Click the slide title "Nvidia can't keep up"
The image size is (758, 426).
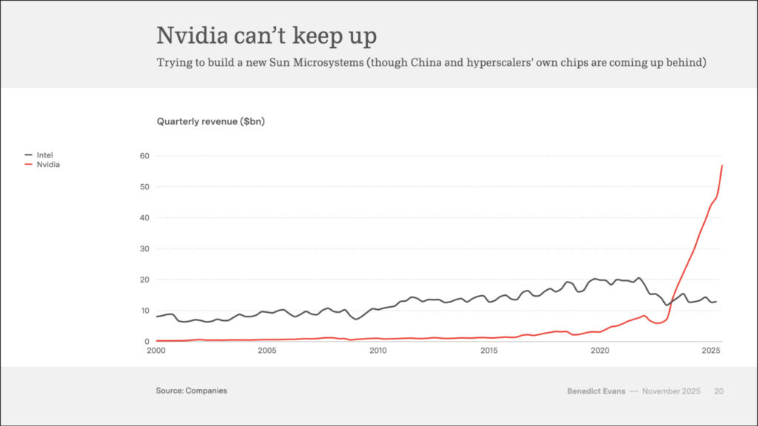coord(266,35)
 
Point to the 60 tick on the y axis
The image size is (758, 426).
coord(144,156)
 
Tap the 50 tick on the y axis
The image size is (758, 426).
coord(144,187)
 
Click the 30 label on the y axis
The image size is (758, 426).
coord(144,249)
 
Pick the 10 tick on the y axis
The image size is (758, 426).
coord(144,311)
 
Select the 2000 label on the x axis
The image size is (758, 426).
coord(157,350)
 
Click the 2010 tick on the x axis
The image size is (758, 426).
coord(378,350)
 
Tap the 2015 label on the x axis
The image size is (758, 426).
coord(489,350)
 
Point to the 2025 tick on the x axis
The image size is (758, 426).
coord(711,350)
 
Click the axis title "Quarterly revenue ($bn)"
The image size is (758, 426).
coord(210,121)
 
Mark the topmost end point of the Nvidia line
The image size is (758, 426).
coord(722,166)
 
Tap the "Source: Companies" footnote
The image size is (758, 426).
coord(191,390)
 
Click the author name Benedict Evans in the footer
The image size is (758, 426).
coord(596,390)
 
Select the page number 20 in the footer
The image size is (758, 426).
coord(719,390)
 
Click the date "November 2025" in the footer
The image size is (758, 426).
coord(671,390)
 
